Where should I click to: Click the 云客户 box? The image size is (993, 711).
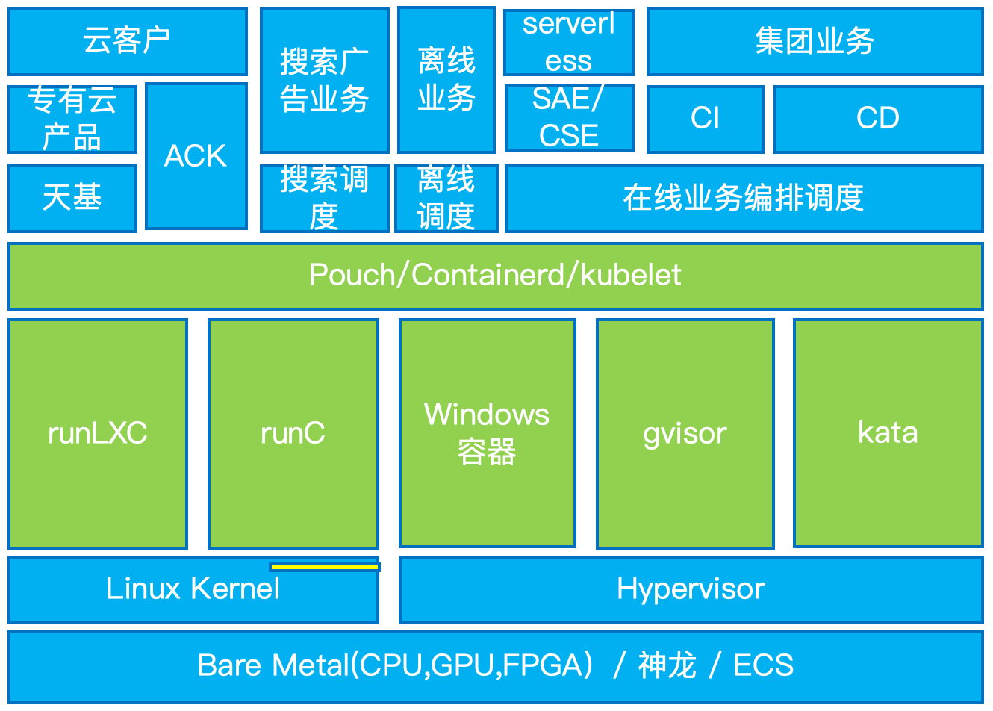(127, 42)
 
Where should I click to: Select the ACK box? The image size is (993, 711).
(196, 155)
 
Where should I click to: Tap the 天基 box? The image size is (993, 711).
(72, 198)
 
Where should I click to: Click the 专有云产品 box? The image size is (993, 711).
(72, 119)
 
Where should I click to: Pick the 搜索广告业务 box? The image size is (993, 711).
(324, 80)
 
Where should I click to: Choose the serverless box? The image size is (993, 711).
(568, 42)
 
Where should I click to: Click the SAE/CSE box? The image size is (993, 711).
(569, 118)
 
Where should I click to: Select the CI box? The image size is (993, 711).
(705, 119)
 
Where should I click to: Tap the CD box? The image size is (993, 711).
(878, 119)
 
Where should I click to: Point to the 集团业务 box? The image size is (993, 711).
(815, 42)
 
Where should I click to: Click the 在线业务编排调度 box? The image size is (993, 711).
(744, 198)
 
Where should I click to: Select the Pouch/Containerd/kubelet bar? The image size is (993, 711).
(495, 276)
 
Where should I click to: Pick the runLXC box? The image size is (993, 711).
(97, 433)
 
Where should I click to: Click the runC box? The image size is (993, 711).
(293, 433)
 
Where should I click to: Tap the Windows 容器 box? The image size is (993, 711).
(487, 433)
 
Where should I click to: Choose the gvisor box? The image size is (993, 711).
(685, 433)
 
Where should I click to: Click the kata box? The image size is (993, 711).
(888, 433)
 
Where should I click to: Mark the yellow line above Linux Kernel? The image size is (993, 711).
(325, 567)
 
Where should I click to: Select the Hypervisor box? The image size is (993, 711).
(691, 589)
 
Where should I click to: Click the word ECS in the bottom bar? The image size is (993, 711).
(763, 665)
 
